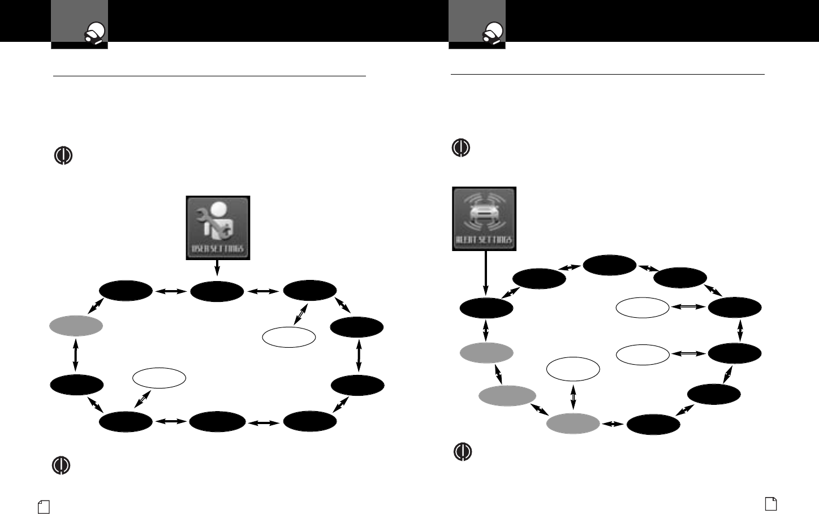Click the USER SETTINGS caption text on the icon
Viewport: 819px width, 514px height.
click(218, 249)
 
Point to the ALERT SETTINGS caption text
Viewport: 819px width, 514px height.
click(484, 240)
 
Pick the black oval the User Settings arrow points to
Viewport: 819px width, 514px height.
click(217, 292)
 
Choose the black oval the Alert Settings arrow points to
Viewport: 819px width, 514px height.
click(486, 308)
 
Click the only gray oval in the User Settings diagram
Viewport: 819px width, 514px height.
click(76, 326)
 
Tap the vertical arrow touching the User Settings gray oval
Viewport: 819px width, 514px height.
click(75, 355)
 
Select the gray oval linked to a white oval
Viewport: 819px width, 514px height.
click(573, 424)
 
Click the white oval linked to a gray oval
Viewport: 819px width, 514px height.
click(573, 369)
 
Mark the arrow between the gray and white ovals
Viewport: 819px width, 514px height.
click(573, 396)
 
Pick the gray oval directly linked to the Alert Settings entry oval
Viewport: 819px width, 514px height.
click(486, 353)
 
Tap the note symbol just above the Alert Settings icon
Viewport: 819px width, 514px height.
click(461, 148)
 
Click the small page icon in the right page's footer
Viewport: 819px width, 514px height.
click(771, 503)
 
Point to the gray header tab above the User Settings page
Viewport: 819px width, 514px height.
click(79, 24)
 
